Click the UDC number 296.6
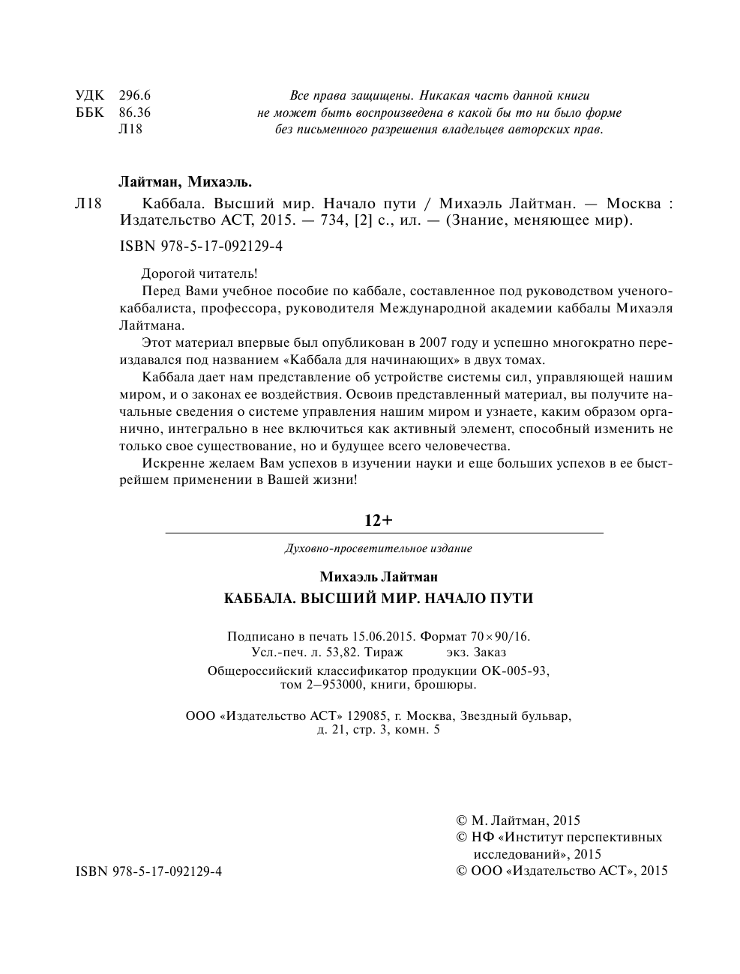coord(135,95)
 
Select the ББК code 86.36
coord(135,112)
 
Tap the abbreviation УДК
coord(90,95)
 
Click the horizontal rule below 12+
coord(383,533)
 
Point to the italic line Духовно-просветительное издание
coord(379,548)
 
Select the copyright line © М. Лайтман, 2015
coord(518,820)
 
